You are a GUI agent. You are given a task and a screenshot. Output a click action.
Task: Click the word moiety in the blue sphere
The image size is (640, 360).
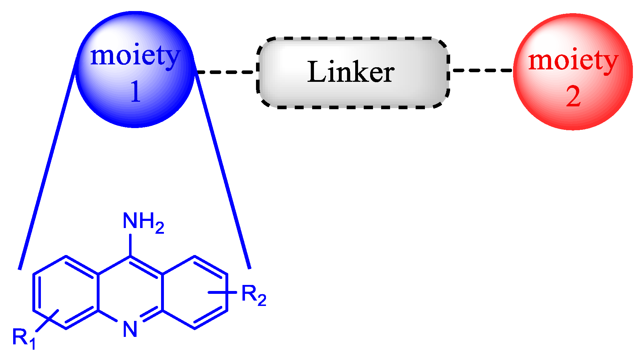(135, 57)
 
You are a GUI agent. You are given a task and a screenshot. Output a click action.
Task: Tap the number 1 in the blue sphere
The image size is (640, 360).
(135, 92)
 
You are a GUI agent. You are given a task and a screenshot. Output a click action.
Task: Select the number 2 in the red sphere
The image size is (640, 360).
(573, 96)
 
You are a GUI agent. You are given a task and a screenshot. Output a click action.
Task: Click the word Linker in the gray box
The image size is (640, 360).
(351, 72)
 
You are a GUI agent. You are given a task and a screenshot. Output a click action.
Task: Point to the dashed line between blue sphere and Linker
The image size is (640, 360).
(226, 72)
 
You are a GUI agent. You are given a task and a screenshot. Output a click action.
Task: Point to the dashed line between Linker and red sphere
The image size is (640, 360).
(481, 70)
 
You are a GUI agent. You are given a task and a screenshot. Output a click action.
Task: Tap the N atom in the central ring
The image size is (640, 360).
(130, 329)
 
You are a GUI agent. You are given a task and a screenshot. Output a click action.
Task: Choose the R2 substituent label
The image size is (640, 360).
(253, 295)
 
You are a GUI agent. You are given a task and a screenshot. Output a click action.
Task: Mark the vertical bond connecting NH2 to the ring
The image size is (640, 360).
(130, 245)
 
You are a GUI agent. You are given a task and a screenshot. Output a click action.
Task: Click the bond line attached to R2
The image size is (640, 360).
(222, 292)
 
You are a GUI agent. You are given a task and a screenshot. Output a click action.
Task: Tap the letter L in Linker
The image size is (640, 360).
(315, 72)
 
